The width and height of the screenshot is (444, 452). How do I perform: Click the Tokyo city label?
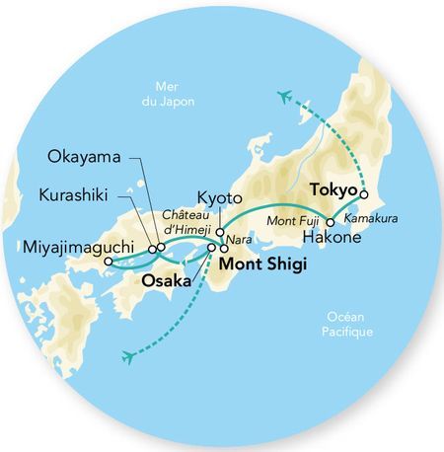click(x=333, y=188)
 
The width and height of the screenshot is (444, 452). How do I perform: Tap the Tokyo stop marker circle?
click(x=364, y=195)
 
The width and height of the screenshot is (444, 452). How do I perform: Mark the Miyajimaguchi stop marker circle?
click(x=108, y=263)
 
